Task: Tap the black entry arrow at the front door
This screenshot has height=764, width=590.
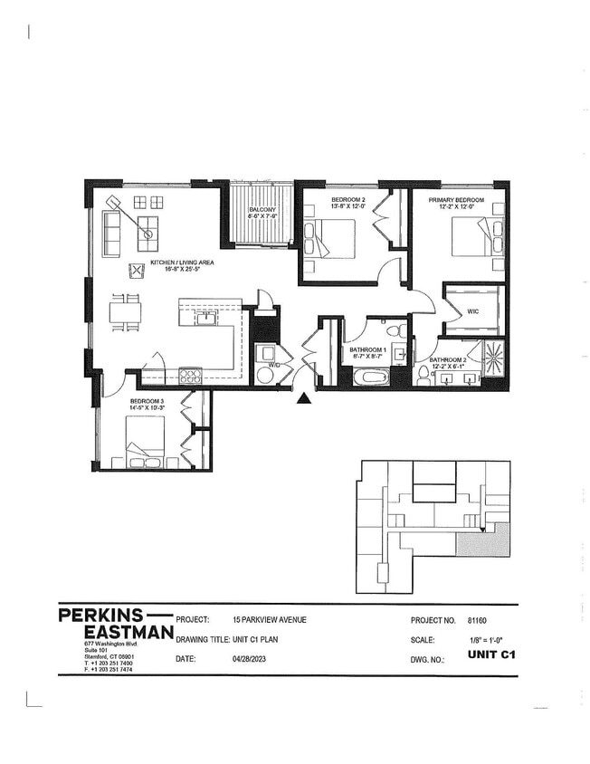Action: click(x=305, y=396)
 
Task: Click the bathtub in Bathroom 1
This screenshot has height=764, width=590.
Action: click(x=369, y=376)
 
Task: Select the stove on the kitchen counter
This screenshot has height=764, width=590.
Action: click(x=190, y=375)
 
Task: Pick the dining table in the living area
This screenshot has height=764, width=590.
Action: click(x=125, y=312)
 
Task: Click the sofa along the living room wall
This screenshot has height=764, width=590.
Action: click(x=110, y=234)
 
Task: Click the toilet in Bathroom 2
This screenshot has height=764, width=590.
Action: click(x=423, y=373)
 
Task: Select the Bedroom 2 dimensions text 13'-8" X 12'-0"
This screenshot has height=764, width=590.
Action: click(x=322, y=206)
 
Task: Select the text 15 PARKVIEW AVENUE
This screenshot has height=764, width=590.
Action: click(x=269, y=620)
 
